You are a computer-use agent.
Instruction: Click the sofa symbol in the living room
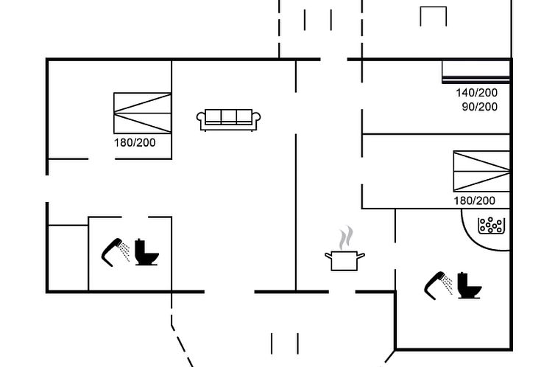229,120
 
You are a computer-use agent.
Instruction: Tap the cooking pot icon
344,261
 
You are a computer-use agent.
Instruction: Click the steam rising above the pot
346,238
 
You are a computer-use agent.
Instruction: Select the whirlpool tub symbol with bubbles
491,226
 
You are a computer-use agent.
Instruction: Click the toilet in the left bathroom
146,252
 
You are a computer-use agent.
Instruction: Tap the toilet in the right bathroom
469,285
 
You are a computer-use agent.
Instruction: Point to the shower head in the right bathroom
439,285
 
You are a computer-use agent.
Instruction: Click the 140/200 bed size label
476,93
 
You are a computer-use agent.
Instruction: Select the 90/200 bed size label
480,107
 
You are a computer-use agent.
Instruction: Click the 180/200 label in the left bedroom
135,143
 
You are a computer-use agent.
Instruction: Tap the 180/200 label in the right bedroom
474,201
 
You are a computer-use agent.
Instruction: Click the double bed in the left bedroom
143,113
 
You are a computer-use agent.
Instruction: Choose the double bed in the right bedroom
481,172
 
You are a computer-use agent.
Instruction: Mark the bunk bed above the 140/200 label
476,72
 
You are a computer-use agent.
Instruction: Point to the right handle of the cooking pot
361,256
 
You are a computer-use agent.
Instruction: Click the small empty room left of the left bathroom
68,258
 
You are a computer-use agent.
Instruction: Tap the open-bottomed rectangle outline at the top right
434,7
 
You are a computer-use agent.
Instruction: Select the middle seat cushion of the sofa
229,116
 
